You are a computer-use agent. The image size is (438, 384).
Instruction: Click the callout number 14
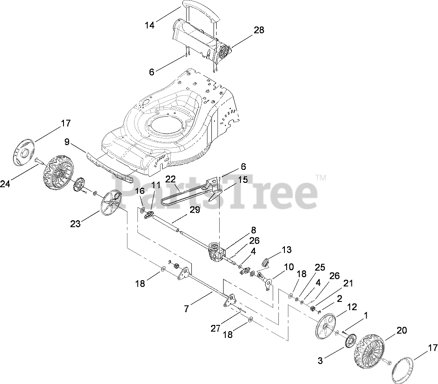[150, 25]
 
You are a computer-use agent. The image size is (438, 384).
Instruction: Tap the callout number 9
[67, 141]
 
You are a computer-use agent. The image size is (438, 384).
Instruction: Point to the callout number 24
[5, 184]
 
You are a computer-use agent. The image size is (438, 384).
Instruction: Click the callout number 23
[76, 224]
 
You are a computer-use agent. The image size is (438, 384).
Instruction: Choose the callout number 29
[194, 210]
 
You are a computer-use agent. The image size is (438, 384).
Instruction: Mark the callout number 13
[287, 250]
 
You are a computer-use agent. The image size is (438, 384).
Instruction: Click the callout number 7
[187, 309]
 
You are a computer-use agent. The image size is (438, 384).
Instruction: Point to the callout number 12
[351, 307]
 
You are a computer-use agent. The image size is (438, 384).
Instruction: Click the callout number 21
[348, 283]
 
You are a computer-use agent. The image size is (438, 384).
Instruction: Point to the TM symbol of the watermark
[321, 177]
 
